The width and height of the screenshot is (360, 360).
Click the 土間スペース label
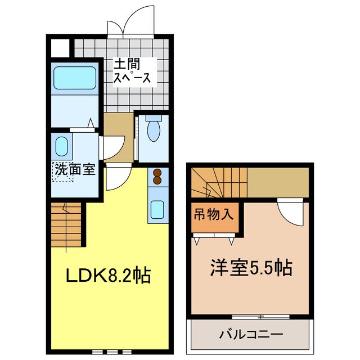point(133,71)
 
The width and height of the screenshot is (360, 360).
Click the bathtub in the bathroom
point(75,77)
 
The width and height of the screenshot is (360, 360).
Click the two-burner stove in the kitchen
point(157,177)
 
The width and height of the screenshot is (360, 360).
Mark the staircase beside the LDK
point(67,225)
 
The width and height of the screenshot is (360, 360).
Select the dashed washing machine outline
point(63,171)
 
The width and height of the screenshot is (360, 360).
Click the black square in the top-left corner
point(59,48)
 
